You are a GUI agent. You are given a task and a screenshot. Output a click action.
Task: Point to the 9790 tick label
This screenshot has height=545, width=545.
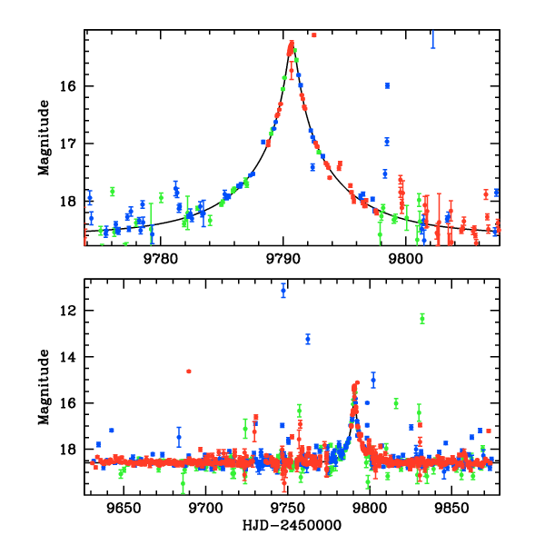pyautogui.click(x=283, y=256)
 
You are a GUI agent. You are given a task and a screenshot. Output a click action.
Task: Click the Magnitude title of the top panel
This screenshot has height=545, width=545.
pyautogui.click(x=43, y=138)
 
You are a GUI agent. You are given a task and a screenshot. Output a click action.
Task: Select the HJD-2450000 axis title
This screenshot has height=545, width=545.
pyautogui.click(x=292, y=526)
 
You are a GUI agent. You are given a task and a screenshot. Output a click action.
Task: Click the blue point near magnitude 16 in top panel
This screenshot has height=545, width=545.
pyautogui.click(x=387, y=85)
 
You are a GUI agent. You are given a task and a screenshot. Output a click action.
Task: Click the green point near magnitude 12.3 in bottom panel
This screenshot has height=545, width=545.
pyautogui.click(x=422, y=318)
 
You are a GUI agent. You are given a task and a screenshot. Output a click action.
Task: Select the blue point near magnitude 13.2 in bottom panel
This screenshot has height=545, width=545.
pyautogui.click(x=308, y=339)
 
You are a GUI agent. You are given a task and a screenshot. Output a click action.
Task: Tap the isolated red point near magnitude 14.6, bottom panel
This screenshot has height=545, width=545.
pyautogui.click(x=189, y=372)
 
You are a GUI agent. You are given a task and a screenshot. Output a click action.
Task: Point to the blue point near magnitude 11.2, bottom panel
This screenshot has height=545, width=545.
pyautogui.click(x=283, y=291)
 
